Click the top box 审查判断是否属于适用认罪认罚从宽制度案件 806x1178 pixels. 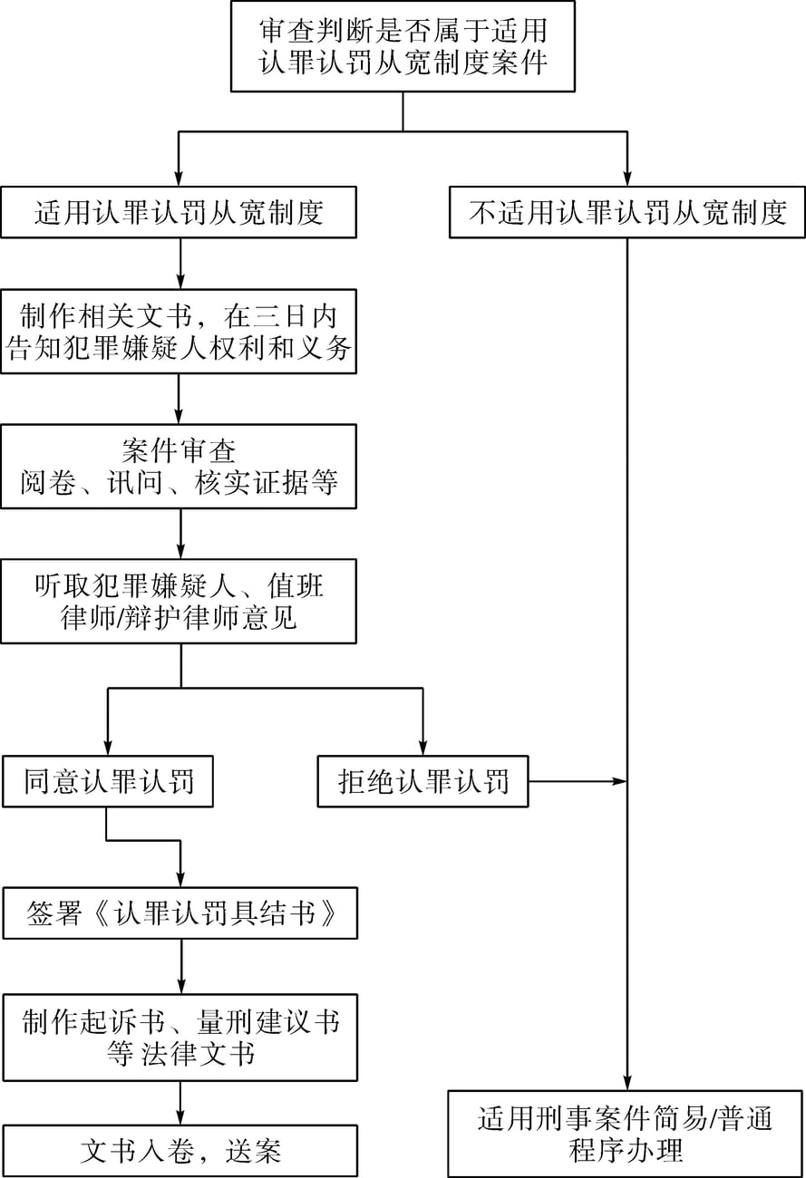click(403, 46)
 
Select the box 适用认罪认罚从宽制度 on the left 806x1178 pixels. click(179, 212)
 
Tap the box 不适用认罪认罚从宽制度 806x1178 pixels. click(627, 212)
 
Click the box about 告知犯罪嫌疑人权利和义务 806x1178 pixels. click(179, 332)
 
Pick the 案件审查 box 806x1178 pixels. click(179, 467)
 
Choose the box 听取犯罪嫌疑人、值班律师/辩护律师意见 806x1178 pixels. click(179, 602)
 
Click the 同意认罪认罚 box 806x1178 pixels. click(108, 781)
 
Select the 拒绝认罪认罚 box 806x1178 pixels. click(423, 781)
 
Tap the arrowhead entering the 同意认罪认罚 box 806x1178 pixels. click(108, 748)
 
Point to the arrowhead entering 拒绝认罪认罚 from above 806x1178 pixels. click(423, 748)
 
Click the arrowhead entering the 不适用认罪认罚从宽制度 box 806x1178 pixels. click(627, 179)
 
